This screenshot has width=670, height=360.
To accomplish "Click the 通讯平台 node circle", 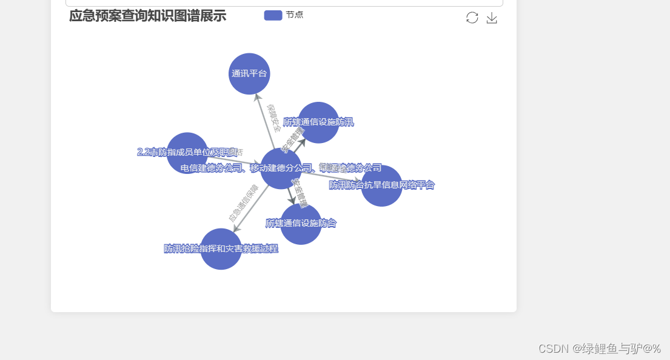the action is [x=249, y=74].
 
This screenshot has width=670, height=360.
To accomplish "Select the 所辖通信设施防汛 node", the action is [x=318, y=122].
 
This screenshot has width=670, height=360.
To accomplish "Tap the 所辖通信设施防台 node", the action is [x=301, y=224].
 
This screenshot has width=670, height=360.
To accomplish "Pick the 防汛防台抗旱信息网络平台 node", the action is [x=382, y=185].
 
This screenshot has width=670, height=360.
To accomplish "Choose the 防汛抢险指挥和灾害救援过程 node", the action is [x=221, y=249].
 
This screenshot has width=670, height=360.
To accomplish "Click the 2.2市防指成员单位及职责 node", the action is [x=187, y=153].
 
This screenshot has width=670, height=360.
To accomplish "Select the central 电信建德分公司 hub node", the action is [x=281, y=168].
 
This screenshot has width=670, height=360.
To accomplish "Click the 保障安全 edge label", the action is [x=274, y=118].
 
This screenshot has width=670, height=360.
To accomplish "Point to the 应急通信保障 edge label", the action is [x=243, y=202].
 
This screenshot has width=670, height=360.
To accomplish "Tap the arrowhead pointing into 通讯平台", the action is [x=257, y=97].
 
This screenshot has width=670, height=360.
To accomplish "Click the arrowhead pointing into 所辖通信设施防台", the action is [x=293, y=200].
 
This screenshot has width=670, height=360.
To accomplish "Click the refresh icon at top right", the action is [x=472, y=18].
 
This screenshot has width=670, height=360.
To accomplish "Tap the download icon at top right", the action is [x=492, y=18].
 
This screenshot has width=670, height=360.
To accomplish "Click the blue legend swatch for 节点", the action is [x=273, y=15].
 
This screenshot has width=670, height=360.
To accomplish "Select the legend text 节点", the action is [x=295, y=15].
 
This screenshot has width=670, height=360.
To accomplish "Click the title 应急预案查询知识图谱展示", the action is [x=147, y=16].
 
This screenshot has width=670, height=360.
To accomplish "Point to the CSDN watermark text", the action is [x=599, y=348].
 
